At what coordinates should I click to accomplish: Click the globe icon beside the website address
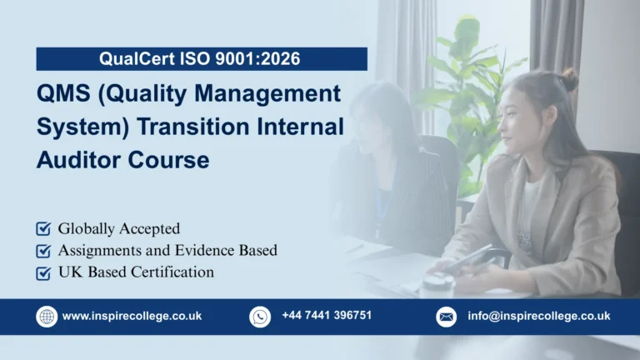pyautogui.click(x=47, y=317)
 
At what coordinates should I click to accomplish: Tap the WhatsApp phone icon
pyautogui.click(x=260, y=317)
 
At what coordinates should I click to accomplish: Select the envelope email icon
pyautogui.click(x=447, y=317)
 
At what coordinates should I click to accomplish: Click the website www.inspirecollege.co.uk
pyautogui.click(x=132, y=317)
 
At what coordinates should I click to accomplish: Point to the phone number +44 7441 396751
pyautogui.click(x=326, y=316)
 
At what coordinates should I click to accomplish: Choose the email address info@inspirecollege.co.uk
pyautogui.click(x=538, y=317)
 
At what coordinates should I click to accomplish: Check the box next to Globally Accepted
pyautogui.click(x=43, y=228)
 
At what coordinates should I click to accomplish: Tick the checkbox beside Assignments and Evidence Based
pyautogui.click(x=43, y=250)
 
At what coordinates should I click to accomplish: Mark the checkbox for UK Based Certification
pyautogui.click(x=43, y=272)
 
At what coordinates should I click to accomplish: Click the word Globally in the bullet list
pyautogui.click(x=87, y=228)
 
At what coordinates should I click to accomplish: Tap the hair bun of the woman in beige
pyautogui.click(x=571, y=81)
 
